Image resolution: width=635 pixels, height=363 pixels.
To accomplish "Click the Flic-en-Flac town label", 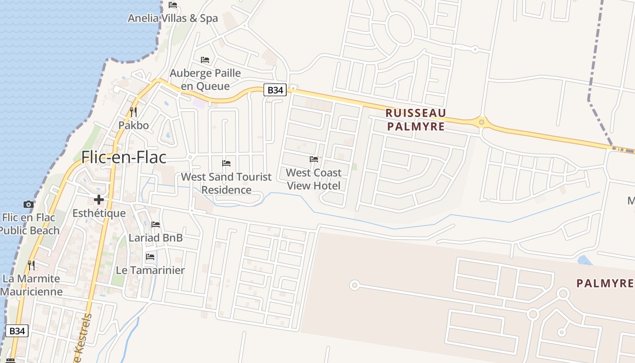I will coord(123,157).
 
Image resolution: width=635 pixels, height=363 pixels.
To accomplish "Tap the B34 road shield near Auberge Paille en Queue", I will coord(275,90).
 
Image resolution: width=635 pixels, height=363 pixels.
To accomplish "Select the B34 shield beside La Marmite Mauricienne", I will coord(17,331).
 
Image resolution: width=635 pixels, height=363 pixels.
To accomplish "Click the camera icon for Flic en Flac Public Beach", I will coord(29,204).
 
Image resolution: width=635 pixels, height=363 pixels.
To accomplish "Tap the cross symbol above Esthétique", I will coord(99,200).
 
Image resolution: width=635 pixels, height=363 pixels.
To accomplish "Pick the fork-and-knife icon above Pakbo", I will coord(133,112).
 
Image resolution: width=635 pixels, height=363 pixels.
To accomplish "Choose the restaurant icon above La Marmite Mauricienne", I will coord(31,265).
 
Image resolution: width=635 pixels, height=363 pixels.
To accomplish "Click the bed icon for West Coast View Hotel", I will coord(313,159).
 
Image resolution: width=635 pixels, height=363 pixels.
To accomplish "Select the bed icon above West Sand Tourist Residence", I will coord(226,163).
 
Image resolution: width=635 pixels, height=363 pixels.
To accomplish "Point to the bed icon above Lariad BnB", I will coord(156,224).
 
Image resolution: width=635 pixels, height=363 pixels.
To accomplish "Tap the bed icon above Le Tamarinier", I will coord(150,257).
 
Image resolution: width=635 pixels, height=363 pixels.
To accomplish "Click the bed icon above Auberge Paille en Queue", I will coord(205,59).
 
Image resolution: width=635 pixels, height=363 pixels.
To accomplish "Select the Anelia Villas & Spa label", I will coord(172,18).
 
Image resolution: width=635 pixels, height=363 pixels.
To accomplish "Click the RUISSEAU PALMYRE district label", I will coord(416,119).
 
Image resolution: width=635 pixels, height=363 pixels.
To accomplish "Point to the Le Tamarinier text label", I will coord(150,270).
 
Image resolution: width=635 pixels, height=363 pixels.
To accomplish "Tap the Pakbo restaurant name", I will coord(133,125).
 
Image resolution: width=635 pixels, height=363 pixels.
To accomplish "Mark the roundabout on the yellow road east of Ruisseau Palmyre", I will coord(481,122).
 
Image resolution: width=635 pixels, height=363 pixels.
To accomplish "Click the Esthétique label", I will coord(99,213).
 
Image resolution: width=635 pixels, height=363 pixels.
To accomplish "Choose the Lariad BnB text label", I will coord(156,237).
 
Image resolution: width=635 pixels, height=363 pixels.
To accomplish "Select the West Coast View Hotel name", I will coord(313,179).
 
